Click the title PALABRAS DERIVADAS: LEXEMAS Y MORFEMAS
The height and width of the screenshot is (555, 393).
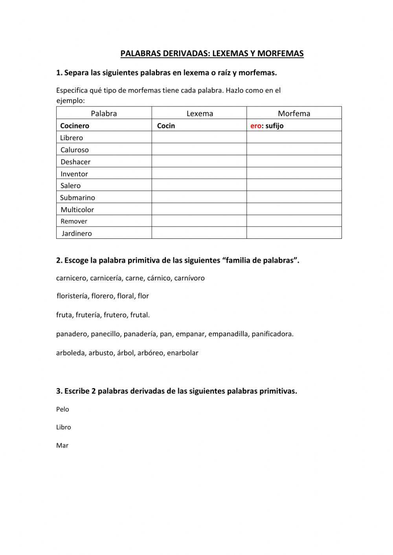pos(212,53)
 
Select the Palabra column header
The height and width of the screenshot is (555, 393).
pos(104,114)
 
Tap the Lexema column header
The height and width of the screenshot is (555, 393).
pos(200,114)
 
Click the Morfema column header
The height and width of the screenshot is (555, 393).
pos(294,114)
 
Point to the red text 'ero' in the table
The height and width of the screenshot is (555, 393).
pos(256,126)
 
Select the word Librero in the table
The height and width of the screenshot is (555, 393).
pos(72,138)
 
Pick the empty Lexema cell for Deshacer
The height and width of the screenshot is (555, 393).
pos(199,161)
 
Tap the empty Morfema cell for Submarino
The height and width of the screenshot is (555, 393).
pos(294,197)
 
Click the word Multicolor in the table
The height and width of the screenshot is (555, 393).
pos(77,209)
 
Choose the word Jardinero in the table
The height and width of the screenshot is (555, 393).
pos(77,233)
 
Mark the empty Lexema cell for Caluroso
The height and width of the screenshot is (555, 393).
pos(199,150)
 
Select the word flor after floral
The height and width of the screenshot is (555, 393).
pos(143,296)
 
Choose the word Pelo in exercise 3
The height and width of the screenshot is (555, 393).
pos(62,409)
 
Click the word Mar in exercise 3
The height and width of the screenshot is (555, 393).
pos(62,445)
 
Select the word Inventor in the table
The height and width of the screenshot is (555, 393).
pos(74,174)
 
